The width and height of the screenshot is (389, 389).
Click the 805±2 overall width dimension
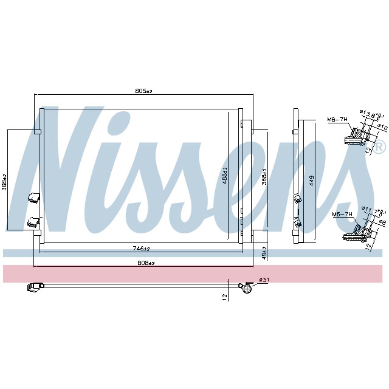coord(143,91)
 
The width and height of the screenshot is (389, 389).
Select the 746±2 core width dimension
coord(141,249)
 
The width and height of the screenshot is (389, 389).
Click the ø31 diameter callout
coord(264,280)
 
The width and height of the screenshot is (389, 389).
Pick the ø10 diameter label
coord(383,127)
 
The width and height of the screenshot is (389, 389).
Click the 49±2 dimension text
coord(264,252)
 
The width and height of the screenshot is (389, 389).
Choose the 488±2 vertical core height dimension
coord(224,177)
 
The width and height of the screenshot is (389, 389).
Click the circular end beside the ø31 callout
coord(246,287)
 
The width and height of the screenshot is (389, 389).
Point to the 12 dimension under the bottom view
coord(224,297)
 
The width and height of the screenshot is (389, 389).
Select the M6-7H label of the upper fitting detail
coord(337,120)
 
